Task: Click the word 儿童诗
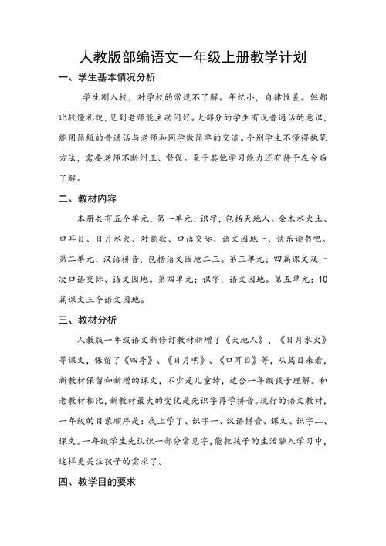pos(229,379)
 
